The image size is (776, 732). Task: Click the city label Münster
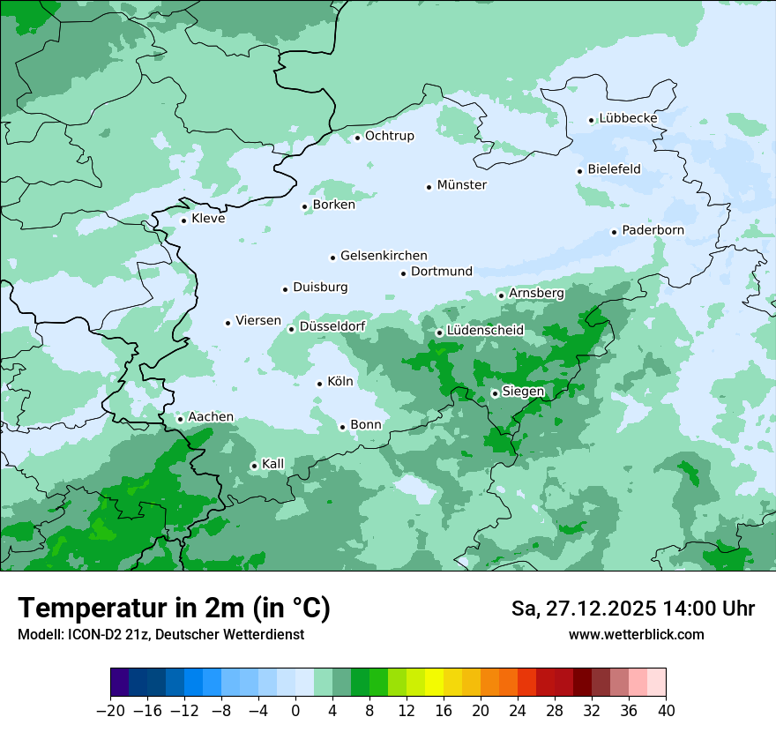[461, 185]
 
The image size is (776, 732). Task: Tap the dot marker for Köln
[319, 383]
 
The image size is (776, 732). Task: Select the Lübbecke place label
[628, 118]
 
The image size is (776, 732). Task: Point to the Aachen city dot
[180, 419]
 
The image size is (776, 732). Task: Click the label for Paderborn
[653, 230]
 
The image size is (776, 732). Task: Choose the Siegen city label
[523, 392]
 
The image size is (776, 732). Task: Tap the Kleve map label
[208, 219]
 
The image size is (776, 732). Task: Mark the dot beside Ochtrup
[357, 137]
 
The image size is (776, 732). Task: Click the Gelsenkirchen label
[384, 256]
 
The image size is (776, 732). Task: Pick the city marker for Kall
[254, 466]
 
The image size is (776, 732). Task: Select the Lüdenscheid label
[485, 331]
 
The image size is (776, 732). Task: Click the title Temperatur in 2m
[175, 609]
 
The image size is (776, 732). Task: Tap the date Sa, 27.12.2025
[584, 609]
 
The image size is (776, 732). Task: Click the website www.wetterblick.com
[636, 634]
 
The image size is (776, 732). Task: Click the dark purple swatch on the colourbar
[120, 683]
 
